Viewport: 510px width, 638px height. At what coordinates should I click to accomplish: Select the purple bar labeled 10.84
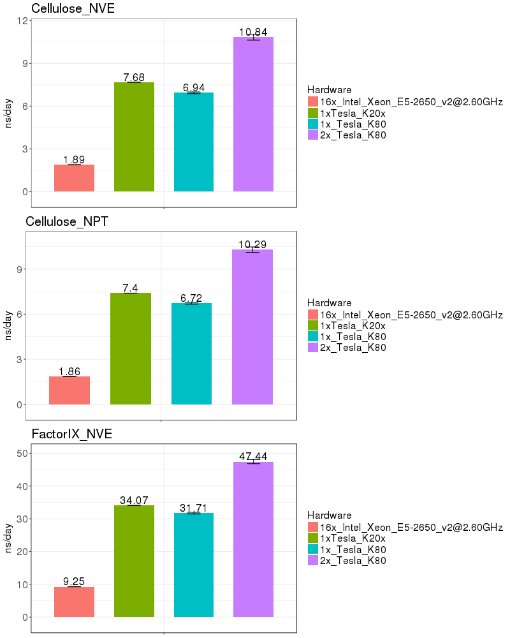coord(253,115)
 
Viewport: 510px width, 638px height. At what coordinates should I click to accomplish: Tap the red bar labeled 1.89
coord(74,178)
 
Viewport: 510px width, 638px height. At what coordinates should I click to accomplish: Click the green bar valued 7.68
coord(134,137)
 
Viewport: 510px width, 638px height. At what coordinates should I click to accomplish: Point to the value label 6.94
coord(194,87)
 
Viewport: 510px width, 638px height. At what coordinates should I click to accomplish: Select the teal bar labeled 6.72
coord(191,354)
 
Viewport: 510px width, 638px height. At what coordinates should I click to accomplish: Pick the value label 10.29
coord(252,244)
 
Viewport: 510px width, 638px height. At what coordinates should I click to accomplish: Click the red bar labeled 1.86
coord(69,390)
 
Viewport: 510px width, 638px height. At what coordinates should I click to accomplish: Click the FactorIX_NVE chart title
coord(72,434)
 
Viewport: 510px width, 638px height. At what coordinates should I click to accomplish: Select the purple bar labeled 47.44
coord(253,539)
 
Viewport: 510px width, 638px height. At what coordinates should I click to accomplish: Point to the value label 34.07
coord(134,500)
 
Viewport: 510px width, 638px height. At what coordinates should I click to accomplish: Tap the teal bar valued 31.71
coord(194,565)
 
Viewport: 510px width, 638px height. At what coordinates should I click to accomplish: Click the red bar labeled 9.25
coord(74,602)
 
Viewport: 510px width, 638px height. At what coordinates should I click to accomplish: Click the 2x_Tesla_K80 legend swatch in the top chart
coord(312,135)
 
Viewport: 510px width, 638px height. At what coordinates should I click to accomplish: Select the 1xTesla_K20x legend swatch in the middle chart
coord(312,325)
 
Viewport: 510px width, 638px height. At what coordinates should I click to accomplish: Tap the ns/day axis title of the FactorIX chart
coord(9,538)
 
